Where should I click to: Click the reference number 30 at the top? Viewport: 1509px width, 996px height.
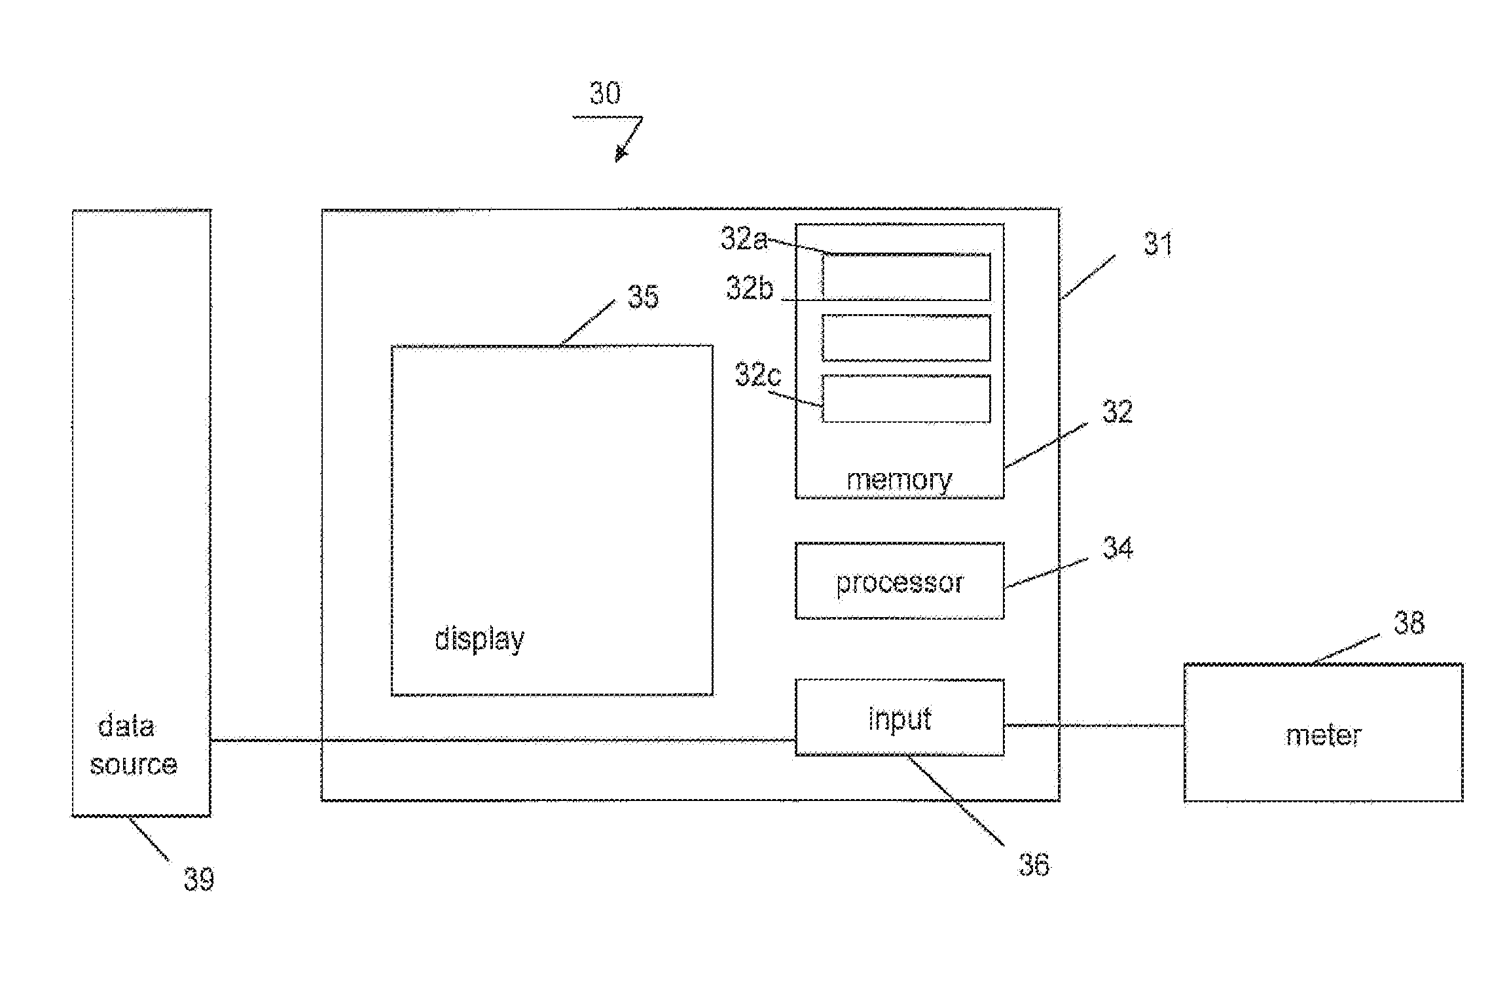coord(605,94)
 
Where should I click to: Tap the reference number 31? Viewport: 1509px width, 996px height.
coord(1157,244)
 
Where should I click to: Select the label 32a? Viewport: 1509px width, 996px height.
coord(744,238)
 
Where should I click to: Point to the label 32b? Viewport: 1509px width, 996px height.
coord(750,287)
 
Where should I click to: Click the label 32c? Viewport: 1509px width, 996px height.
coord(758,374)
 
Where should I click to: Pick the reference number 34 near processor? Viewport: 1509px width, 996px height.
coord(1118,547)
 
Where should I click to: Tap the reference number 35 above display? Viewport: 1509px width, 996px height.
coord(643,296)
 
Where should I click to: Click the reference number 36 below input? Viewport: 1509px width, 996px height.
coord(1034,864)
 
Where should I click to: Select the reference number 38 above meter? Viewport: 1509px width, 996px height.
coord(1409,622)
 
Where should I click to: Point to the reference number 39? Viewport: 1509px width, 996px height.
coord(198,880)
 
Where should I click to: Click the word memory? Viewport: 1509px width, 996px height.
coord(900,480)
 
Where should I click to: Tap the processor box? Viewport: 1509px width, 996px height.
coord(900,580)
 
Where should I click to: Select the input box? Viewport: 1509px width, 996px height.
coord(900,717)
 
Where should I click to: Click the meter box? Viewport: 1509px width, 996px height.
coord(1323,732)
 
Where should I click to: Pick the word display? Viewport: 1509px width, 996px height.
coord(480,639)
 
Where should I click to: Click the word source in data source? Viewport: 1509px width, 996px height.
coord(134,764)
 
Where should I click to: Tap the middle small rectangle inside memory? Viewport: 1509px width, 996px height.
coord(906,338)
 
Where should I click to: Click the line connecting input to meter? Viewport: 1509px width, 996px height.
coord(1094,724)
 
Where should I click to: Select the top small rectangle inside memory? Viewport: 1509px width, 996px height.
coord(906,277)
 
